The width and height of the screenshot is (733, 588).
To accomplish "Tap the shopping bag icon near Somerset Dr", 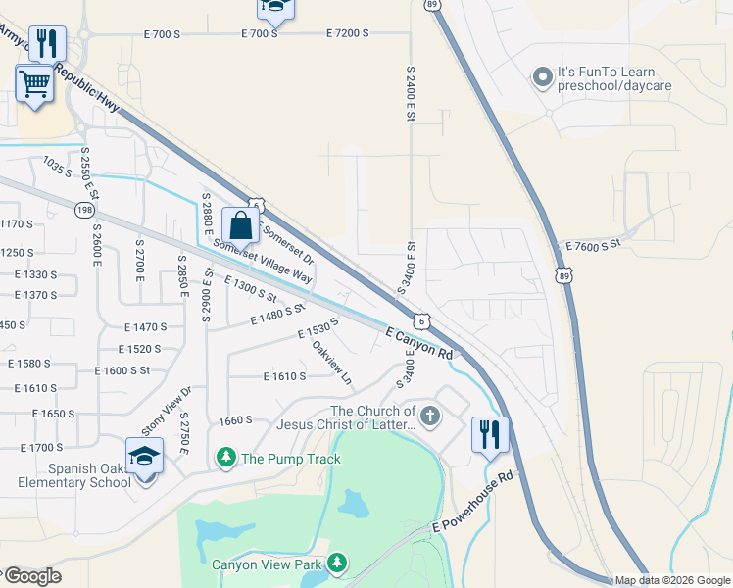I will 240,226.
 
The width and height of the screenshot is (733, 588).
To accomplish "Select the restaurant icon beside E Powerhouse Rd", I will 491,434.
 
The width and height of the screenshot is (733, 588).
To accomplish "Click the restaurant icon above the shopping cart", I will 47,43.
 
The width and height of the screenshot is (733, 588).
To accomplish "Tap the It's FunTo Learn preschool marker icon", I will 542,77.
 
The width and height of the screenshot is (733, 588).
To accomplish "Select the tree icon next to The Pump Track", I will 226,458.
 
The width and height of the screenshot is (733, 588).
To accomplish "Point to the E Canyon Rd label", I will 419,342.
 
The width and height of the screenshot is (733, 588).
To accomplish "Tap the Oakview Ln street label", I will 331,361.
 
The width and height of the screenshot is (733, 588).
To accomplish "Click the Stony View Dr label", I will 167,412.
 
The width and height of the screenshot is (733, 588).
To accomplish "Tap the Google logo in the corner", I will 31,576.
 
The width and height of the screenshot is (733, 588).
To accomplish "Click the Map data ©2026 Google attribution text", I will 672,580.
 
